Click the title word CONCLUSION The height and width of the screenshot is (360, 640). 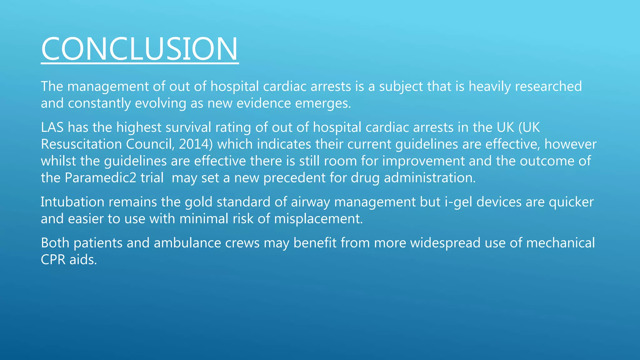140,49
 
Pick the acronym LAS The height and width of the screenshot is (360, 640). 52,127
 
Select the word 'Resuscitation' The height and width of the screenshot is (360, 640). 81,144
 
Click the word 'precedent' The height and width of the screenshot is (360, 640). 294,178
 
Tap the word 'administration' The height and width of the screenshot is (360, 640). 429,178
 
